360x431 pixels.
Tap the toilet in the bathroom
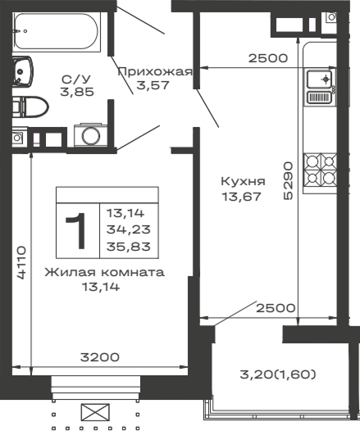31,105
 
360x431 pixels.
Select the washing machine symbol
87,136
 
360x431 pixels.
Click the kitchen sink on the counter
319,80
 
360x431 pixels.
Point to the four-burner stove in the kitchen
320,169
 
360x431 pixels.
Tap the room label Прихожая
154,71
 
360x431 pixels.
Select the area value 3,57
154,85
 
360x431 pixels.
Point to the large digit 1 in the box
77,231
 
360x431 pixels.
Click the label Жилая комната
104,272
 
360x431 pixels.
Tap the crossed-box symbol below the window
96,412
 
